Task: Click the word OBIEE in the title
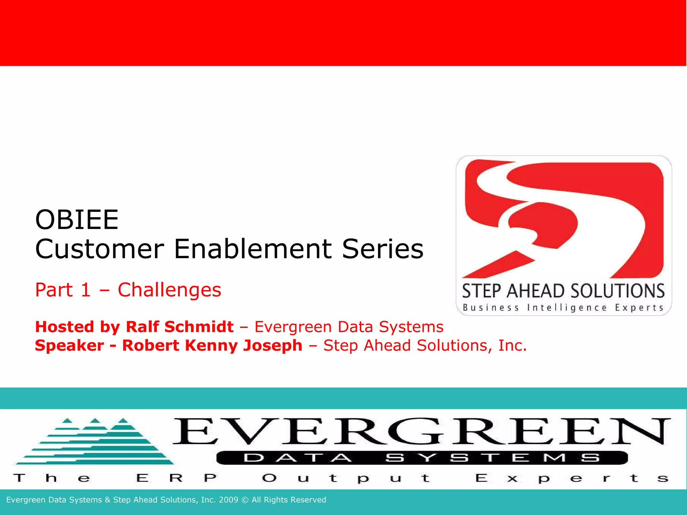77,220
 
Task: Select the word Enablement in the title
253,249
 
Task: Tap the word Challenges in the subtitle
169,290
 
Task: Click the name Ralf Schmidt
179,327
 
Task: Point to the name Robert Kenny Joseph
212,346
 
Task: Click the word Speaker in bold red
69,346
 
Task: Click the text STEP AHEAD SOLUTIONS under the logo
564,291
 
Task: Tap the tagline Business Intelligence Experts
564,308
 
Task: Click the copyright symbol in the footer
245,500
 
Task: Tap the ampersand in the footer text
107,500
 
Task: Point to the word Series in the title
383,249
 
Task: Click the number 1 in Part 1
86,290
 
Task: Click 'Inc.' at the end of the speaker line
512,346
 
